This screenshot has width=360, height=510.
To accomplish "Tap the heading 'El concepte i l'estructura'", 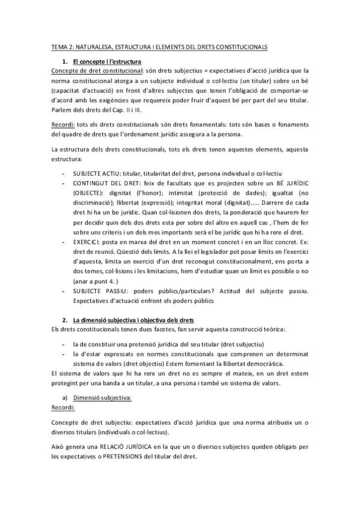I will [x=106, y=61].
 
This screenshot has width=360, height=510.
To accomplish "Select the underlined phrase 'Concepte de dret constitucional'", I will [x=95, y=70].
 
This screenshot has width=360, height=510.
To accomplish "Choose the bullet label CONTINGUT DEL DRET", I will [x=104, y=183].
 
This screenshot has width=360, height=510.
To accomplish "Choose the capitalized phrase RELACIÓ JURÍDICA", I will [x=128, y=444].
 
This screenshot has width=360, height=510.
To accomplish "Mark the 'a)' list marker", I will [x=64, y=398].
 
